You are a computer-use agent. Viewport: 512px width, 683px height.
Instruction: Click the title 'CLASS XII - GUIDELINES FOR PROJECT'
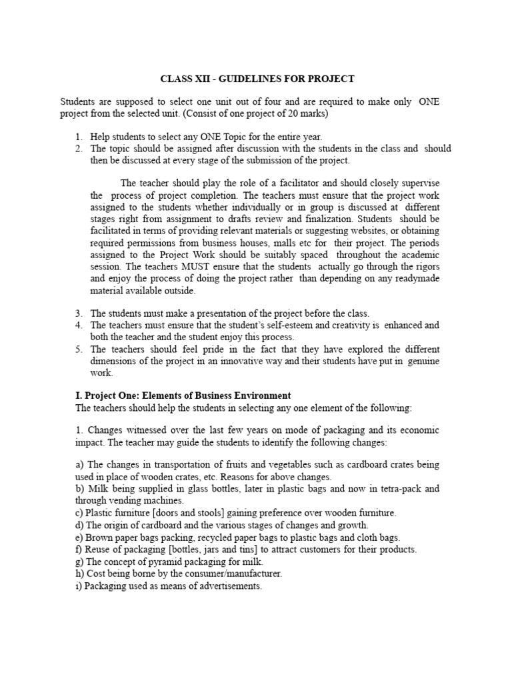coord(257,79)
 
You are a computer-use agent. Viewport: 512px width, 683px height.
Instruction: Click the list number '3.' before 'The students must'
coord(79,313)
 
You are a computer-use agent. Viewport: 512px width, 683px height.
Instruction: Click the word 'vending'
coord(127,500)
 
